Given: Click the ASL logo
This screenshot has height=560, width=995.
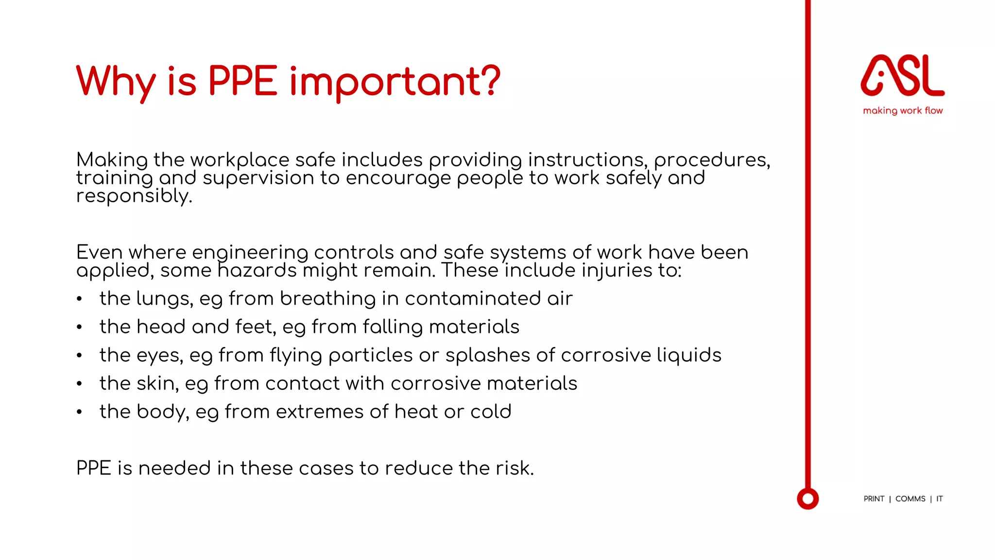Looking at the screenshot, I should (902, 75).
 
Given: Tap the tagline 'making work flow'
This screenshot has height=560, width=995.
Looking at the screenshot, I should (903, 111).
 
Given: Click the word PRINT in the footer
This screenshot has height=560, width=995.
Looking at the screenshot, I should (874, 499).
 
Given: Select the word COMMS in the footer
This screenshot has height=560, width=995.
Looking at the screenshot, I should (910, 499).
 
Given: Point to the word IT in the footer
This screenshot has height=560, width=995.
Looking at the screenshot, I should (940, 499).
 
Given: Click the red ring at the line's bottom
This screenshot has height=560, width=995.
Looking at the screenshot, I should (808, 499).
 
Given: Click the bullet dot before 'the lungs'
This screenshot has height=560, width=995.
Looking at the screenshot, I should (79, 299).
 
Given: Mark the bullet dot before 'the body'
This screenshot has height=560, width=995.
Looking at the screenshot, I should (79, 412).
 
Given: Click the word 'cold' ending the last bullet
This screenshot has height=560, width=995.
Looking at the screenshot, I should (491, 412).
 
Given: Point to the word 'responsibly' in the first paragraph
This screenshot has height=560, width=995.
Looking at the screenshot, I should (134, 196).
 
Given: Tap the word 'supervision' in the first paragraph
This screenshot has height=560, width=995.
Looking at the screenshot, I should (258, 178).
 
